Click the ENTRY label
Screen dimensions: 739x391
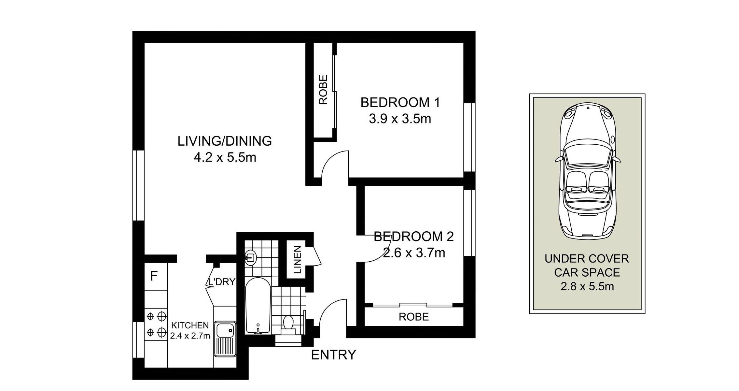333,355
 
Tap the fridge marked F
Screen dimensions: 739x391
156,276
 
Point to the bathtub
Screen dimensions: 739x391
258,306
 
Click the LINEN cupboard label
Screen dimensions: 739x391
298,260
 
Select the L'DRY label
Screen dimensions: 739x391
221,282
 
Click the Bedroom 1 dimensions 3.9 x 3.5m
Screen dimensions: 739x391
400,119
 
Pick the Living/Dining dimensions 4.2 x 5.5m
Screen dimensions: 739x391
225,158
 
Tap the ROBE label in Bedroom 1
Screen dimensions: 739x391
323,90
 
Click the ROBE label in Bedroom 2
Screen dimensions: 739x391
414,317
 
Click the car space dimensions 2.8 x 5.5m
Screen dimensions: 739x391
587,286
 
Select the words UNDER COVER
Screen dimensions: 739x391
587,259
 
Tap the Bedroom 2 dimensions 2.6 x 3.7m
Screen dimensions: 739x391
414,253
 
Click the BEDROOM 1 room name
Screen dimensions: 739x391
400,103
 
